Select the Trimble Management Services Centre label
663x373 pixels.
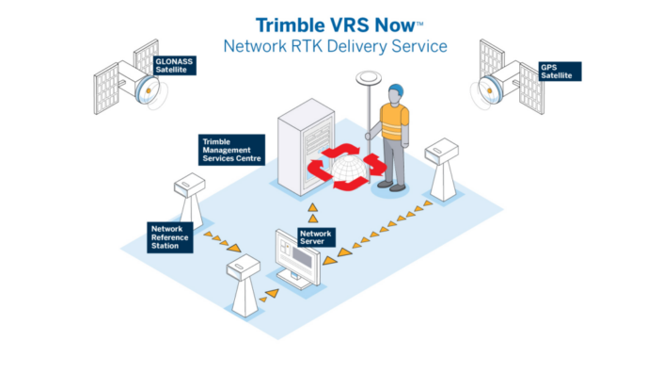(x=231, y=150)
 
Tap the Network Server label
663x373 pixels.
(x=316, y=236)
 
